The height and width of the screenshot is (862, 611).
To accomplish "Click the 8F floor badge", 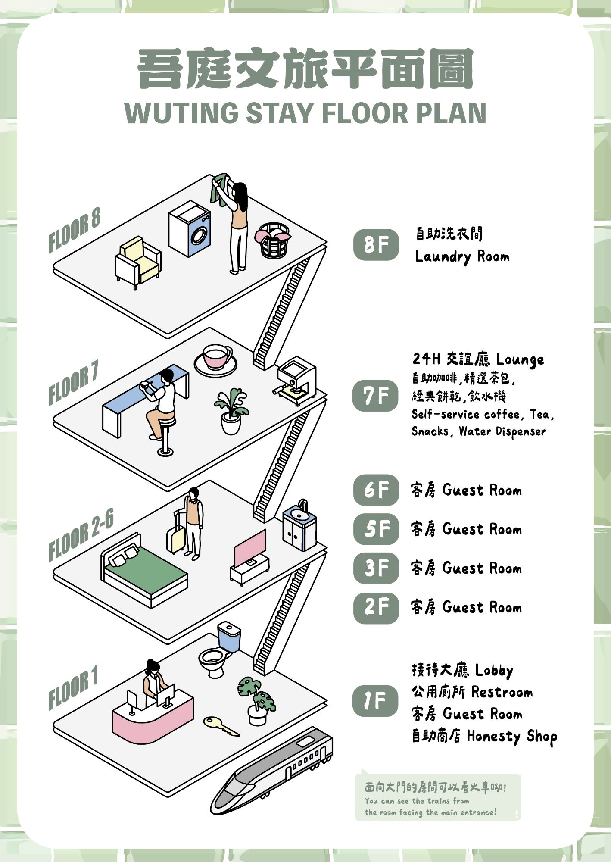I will coord(376,244).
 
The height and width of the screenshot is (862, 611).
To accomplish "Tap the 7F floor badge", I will coord(375,396).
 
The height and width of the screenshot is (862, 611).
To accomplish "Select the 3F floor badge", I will coord(376,568).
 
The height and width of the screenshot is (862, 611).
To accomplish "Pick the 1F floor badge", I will coord(375,701).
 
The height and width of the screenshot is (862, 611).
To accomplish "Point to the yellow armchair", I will coord(138,262).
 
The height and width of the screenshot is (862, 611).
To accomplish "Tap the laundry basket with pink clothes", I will coord(273,240).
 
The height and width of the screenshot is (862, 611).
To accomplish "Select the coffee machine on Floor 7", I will coord(296,380).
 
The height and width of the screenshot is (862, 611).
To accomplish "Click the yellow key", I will coord(220,725).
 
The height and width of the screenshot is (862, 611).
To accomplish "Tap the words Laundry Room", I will coord(462,257).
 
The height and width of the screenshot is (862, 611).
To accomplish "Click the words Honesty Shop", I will coord(512,736).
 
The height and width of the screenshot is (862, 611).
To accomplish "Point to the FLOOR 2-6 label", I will coord(81,534).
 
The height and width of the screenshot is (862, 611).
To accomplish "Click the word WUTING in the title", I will coord(181,113).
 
